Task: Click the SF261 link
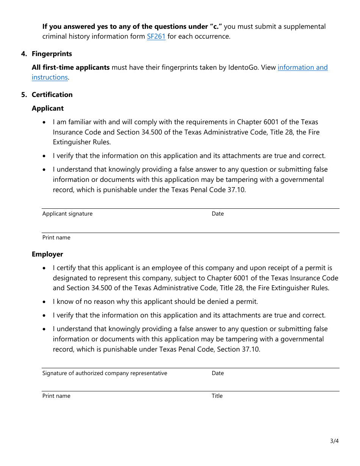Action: [156, 37]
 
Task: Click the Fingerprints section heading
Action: [52, 54]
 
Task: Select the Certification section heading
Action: [52, 95]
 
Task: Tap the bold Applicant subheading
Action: [48, 108]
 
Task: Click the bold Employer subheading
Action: [47, 254]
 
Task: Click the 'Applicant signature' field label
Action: [67, 214]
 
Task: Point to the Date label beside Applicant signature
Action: [218, 214]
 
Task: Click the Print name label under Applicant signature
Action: [56, 238]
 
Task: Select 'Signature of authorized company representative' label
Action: [105, 373]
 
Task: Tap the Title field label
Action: [217, 396]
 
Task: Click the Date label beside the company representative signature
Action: [218, 373]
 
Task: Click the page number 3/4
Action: [334, 441]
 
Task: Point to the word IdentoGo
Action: [244, 67]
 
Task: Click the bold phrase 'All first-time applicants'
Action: [70, 67]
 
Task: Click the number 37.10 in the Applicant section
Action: [236, 190]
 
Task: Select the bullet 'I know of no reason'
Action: [155, 302]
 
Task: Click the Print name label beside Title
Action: [56, 396]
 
